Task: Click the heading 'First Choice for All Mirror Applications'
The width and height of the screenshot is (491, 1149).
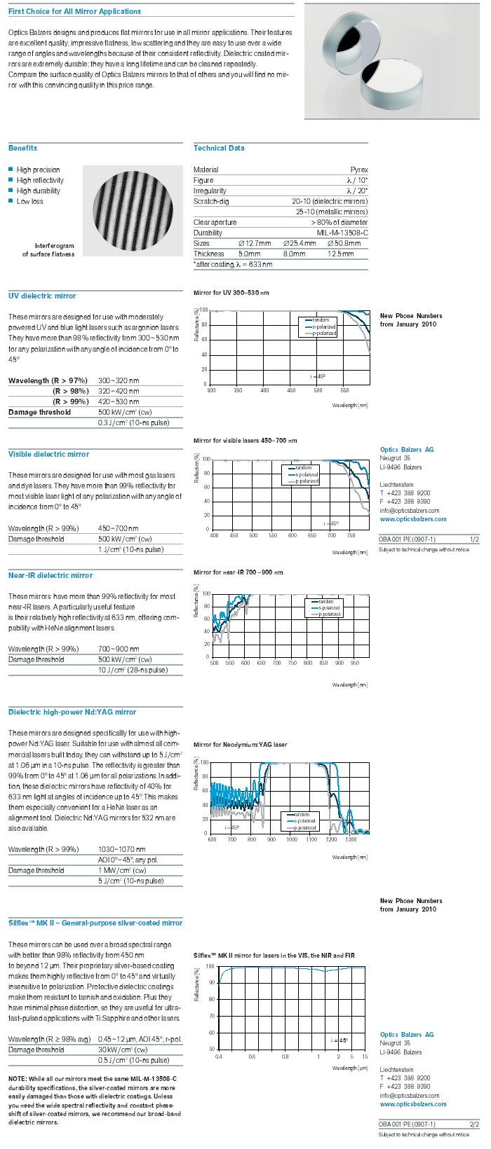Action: (74, 11)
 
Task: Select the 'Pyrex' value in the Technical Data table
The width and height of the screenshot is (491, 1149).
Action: (358, 170)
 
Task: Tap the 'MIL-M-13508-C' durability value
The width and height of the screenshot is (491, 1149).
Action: (342, 233)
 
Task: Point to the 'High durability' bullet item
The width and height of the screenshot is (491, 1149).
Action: (39, 191)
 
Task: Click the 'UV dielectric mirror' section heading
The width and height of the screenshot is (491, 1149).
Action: (42, 296)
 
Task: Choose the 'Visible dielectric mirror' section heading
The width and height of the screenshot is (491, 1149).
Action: (48, 454)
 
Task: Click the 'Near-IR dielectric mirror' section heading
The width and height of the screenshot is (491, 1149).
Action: (50, 575)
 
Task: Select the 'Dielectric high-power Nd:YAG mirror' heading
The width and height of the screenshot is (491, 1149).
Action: (72, 712)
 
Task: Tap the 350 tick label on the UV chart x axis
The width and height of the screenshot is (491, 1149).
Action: (238, 390)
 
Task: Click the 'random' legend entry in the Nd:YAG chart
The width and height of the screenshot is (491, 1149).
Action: (302, 815)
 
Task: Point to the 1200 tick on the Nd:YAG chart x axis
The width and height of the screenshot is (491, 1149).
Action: (328, 839)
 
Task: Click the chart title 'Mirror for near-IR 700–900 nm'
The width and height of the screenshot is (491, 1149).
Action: (238, 572)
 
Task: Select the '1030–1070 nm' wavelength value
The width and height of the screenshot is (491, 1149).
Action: (122, 849)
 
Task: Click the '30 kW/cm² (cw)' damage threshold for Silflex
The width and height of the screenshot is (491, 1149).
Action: (123, 1050)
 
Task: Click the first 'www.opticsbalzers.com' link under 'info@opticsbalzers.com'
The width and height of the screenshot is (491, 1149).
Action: (413, 519)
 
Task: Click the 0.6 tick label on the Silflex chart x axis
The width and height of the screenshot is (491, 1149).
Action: (252, 1056)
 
